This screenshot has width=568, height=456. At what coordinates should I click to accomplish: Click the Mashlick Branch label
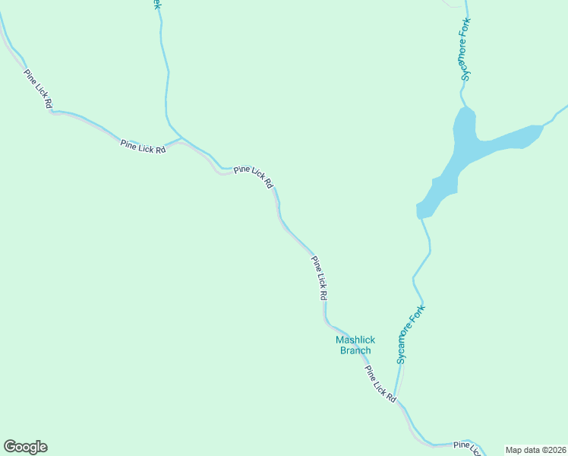click(x=355, y=345)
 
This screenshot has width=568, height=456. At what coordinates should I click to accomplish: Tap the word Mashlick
click(x=355, y=340)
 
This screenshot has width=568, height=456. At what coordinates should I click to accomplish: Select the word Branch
click(x=355, y=350)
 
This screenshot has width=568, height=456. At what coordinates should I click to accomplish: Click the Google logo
click(x=25, y=447)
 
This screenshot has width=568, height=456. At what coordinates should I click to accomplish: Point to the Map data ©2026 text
click(x=535, y=450)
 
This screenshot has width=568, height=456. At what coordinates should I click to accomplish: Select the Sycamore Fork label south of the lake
click(x=411, y=334)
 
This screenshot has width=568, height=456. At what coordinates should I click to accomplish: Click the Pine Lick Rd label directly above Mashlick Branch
click(x=319, y=278)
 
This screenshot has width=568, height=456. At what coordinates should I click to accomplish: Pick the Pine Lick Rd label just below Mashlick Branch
click(x=380, y=385)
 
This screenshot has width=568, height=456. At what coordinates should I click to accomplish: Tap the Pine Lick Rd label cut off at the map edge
click(x=467, y=448)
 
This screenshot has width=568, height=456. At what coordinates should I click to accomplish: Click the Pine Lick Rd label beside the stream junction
click(x=143, y=147)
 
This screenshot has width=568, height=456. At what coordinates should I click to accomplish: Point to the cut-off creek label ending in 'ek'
click(x=157, y=5)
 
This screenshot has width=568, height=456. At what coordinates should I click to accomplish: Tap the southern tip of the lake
click(x=420, y=213)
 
